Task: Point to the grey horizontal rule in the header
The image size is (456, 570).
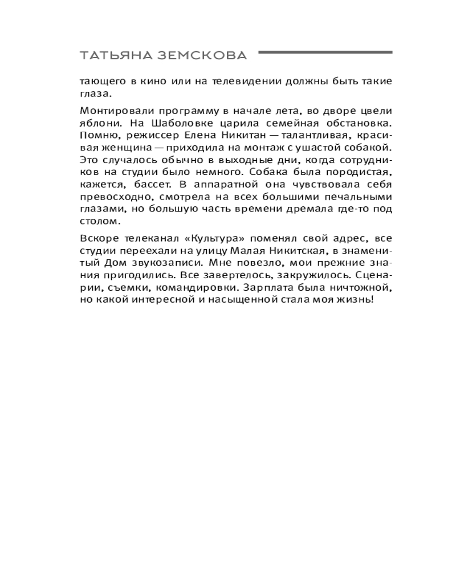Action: [325, 52]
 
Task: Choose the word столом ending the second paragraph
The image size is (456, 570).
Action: [93, 221]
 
